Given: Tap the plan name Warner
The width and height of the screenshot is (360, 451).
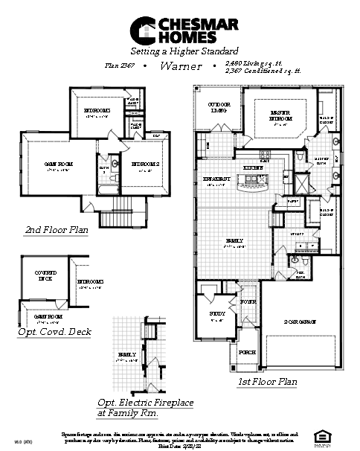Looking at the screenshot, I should point(181,66).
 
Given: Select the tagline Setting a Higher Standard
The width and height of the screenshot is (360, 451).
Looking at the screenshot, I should point(180,52).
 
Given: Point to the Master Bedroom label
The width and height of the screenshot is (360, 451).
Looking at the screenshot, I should point(280,115).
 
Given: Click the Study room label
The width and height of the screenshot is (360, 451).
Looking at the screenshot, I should point(217,315).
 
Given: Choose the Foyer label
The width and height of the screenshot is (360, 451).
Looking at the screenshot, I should point(248,302).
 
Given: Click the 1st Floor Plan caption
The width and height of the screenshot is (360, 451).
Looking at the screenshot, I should point(267,382).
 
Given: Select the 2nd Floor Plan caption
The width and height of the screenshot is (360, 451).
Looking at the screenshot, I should point(57,230).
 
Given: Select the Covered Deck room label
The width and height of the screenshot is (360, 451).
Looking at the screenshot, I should point(46,276).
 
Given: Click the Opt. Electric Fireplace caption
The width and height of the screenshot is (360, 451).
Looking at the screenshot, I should point(146,406).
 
